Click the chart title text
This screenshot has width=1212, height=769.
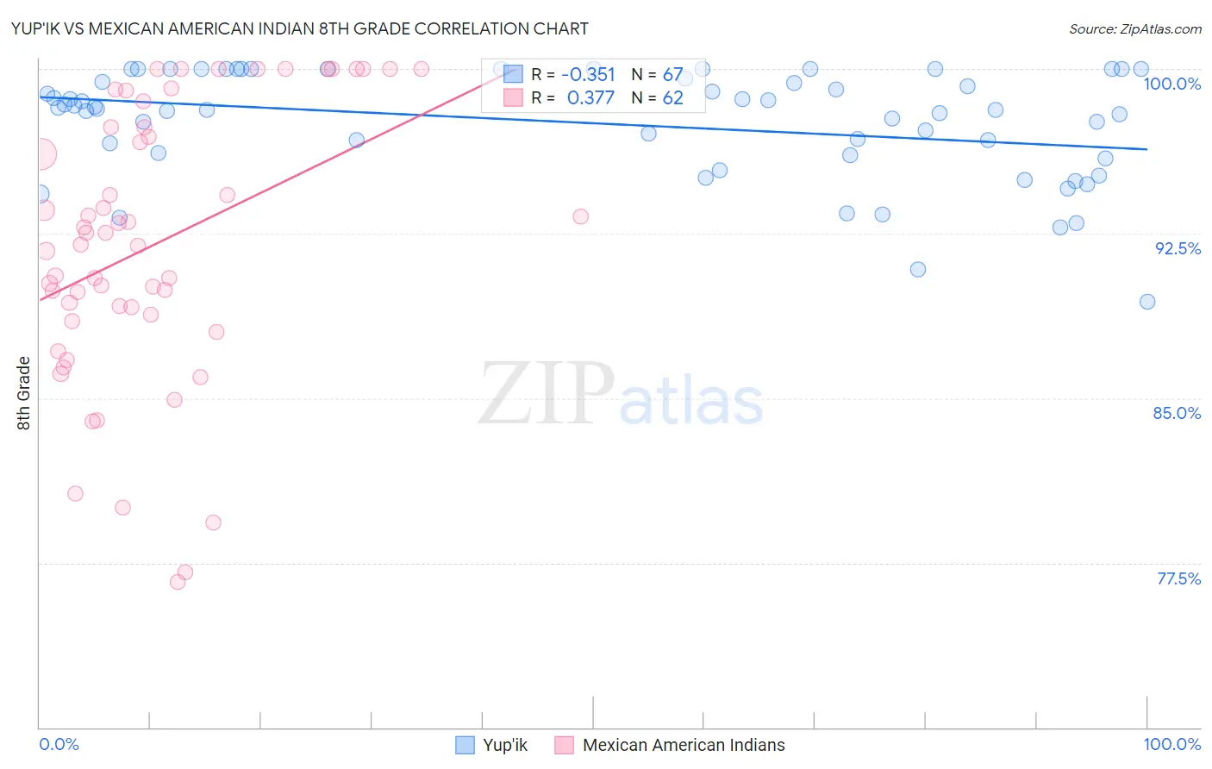click(x=300, y=28)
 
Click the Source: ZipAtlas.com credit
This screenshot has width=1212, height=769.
click(x=1134, y=28)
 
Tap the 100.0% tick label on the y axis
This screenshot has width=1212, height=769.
click(x=1171, y=84)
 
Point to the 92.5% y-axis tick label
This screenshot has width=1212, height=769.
click(x=1178, y=248)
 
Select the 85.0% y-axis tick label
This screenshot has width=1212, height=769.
click(x=1177, y=413)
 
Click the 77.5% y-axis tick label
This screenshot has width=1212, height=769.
click(x=1178, y=578)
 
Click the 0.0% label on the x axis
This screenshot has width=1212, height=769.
click(x=59, y=744)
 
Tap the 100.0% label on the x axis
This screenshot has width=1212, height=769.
click(x=1171, y=744)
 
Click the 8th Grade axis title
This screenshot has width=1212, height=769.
click(x=23, y=393)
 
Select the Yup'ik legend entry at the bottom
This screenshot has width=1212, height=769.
click(x=491, y=745)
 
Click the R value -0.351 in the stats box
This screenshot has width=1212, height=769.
click(x=588, y=75)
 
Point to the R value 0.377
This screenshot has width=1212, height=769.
click(x=590, y=98)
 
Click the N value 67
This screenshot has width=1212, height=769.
click(x=672, y=75)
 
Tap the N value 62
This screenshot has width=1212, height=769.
click(x=672, y=98)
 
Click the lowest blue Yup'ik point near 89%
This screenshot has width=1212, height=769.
click(x=1146, y=302)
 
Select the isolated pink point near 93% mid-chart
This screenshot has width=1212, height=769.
click(x=580, y=216)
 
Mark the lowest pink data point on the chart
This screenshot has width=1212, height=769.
click(x=178, y=582)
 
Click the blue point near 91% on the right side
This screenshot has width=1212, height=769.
click(x=917, y=270)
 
